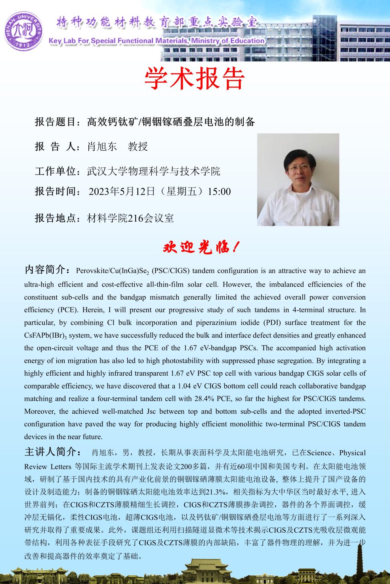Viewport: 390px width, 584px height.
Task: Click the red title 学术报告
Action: pyautogui.click(x=195, y=79)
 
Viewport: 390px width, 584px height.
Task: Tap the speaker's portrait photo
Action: pyautogui.click(x=298, y=179)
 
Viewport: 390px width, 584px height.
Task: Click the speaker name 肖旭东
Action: pyautogui.click(x=102, y=146)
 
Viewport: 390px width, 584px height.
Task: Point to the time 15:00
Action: pyautogui.click(x=219, y=191)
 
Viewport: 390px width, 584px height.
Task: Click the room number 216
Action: pyautogui.click(x=136, y=218)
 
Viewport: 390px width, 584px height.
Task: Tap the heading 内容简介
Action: pyautogui.click(x=45, y=270)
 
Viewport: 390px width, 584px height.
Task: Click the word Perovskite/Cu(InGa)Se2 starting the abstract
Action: pyautogui.click(x=112, y=271)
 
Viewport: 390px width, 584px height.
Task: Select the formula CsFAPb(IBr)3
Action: pyautogui.click(x=44, y=335)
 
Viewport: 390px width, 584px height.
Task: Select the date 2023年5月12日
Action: pyautogui.click(x=121, y=191)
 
